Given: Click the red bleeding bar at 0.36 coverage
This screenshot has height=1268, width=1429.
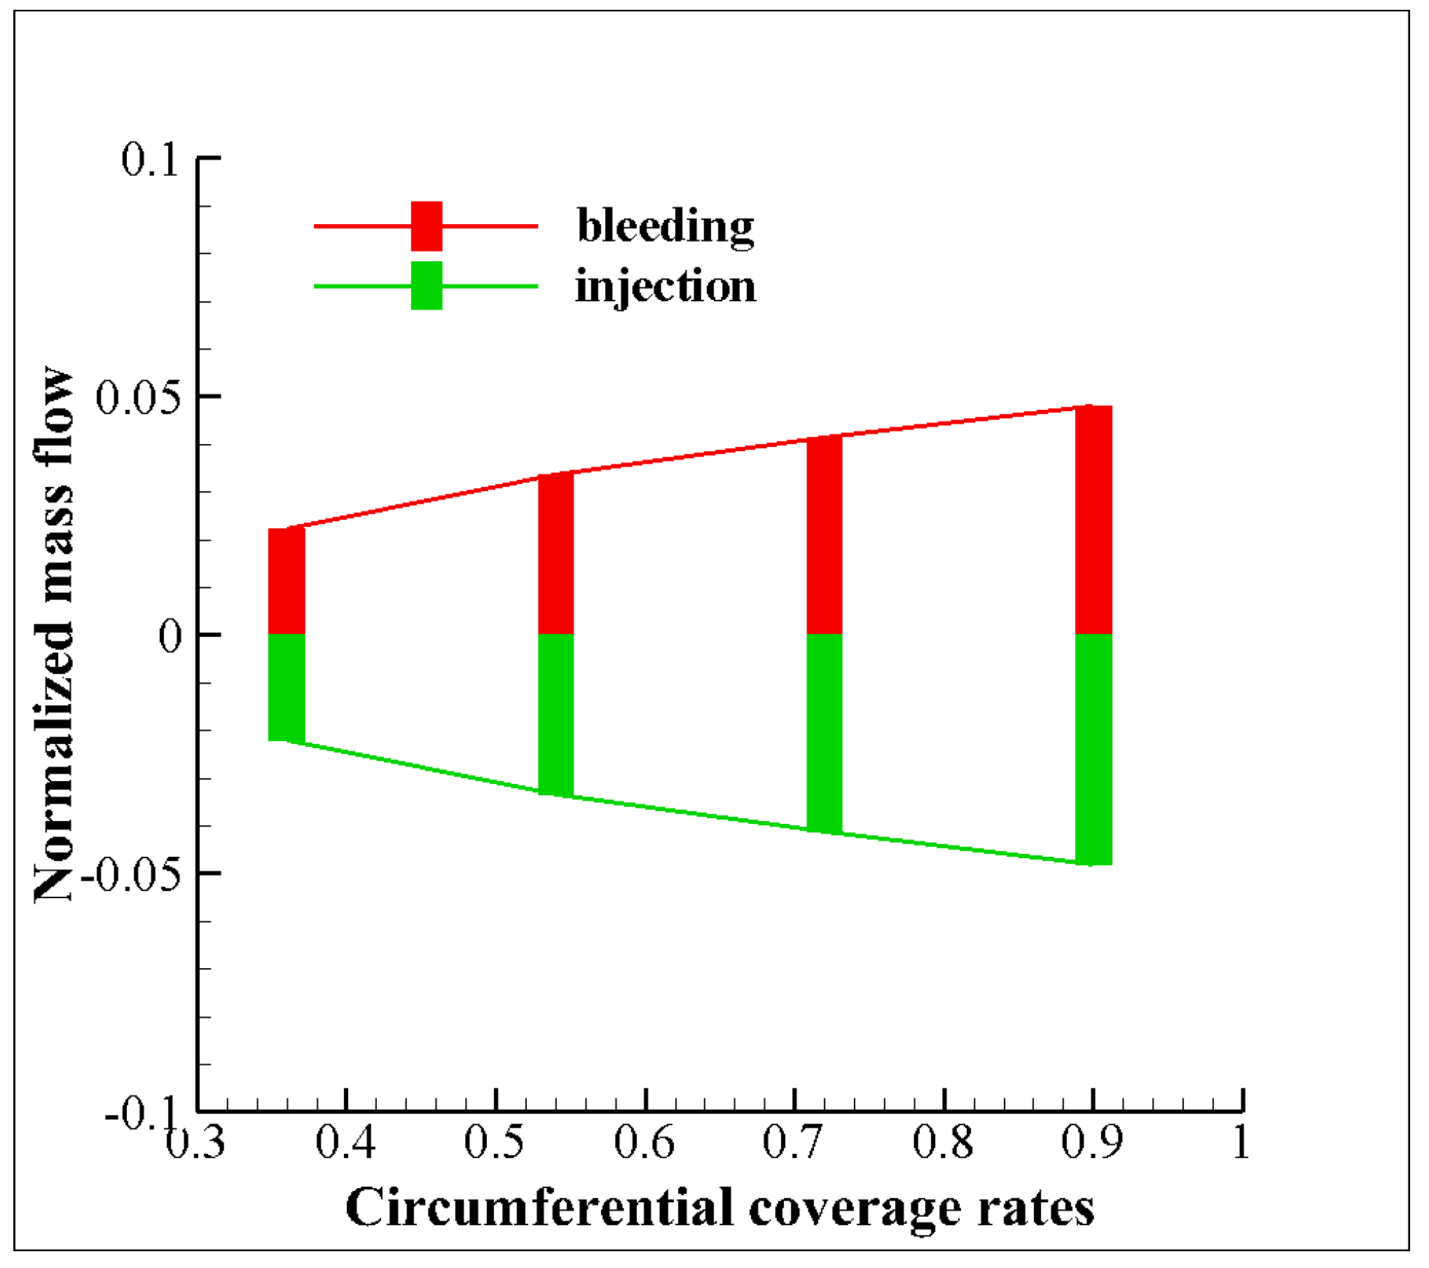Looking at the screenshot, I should click(287, 581).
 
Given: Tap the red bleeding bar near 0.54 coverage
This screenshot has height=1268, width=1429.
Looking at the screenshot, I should click(556, 554).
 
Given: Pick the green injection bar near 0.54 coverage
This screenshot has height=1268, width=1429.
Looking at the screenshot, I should click(556, 715).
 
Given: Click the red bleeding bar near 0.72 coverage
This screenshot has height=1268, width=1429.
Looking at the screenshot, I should click(825, 536).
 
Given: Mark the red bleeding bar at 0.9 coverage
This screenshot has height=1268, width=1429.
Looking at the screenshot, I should click(1094, 520).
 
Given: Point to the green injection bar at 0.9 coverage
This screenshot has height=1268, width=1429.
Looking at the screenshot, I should click(1094, 750).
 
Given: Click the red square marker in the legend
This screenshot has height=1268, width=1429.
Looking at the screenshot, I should click(427, 226).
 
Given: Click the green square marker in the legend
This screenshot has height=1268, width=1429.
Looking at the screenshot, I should click(427, 286).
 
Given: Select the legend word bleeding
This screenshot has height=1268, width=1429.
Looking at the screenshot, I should click(665, 226).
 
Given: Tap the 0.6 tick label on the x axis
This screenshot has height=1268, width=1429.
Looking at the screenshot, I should click(644, 1143).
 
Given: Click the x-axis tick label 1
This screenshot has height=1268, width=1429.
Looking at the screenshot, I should click(1241, 1143).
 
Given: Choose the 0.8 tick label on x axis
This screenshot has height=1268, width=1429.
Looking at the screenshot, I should click(943, 1143).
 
